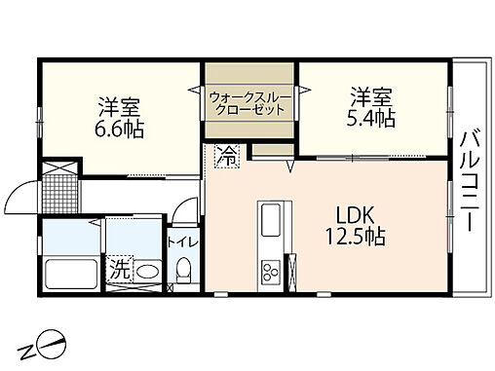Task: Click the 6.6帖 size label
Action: coord(120,129)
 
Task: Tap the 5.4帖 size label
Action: coord(371,120)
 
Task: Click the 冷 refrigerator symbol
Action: coord(225,154)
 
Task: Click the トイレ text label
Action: coord(181,241)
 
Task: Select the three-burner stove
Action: coord(270,269)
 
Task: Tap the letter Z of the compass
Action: coord(28,347)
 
